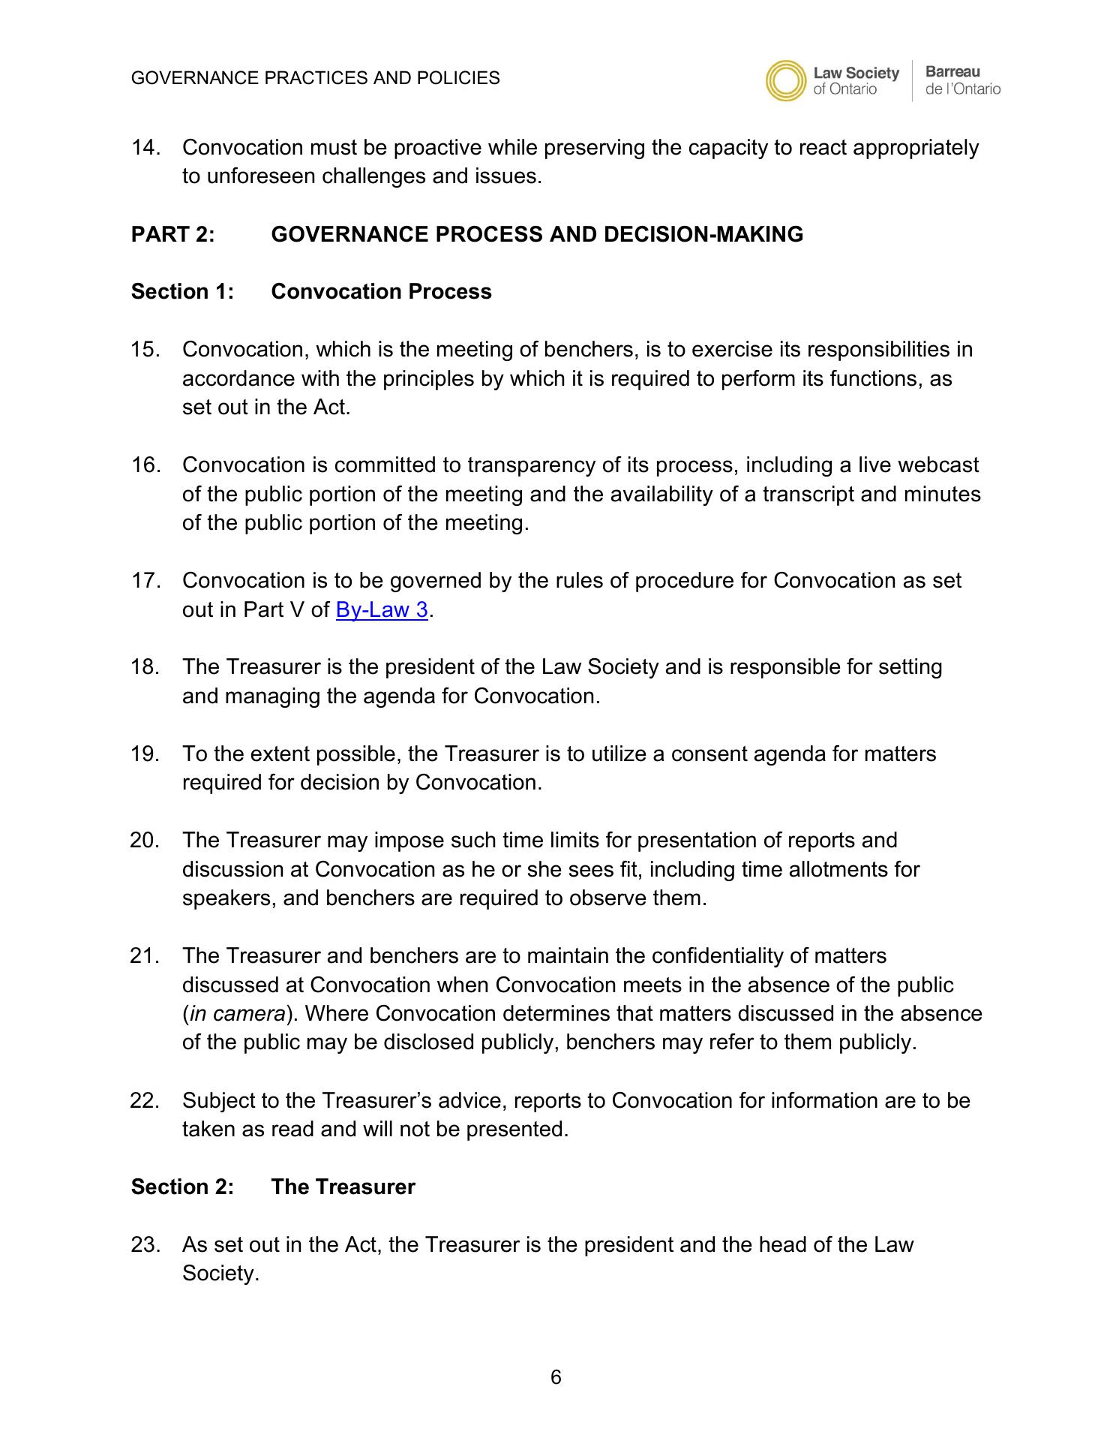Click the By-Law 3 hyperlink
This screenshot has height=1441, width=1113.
coord(382,609)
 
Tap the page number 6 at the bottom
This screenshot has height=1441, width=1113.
coord(556,1377)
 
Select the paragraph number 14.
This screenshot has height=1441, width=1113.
coord(145,148)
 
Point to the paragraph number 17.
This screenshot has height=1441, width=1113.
coord(145,581)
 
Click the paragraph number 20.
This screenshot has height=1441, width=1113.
coord(145,841)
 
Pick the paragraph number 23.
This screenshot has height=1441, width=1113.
coord(145,1245)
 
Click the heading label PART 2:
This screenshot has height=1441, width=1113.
coord(173,235)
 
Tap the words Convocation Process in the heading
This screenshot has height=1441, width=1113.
coord(381,292)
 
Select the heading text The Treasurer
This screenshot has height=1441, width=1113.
coord(343,1187)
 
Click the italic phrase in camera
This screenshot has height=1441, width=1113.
coord(237,1014)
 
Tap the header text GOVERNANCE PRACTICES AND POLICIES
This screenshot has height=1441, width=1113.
coord(315,78)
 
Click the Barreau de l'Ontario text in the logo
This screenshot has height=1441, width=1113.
coord(962,81)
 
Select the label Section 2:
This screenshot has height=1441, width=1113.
coord(182,1187)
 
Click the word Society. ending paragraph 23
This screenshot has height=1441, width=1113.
coord(220,1274)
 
